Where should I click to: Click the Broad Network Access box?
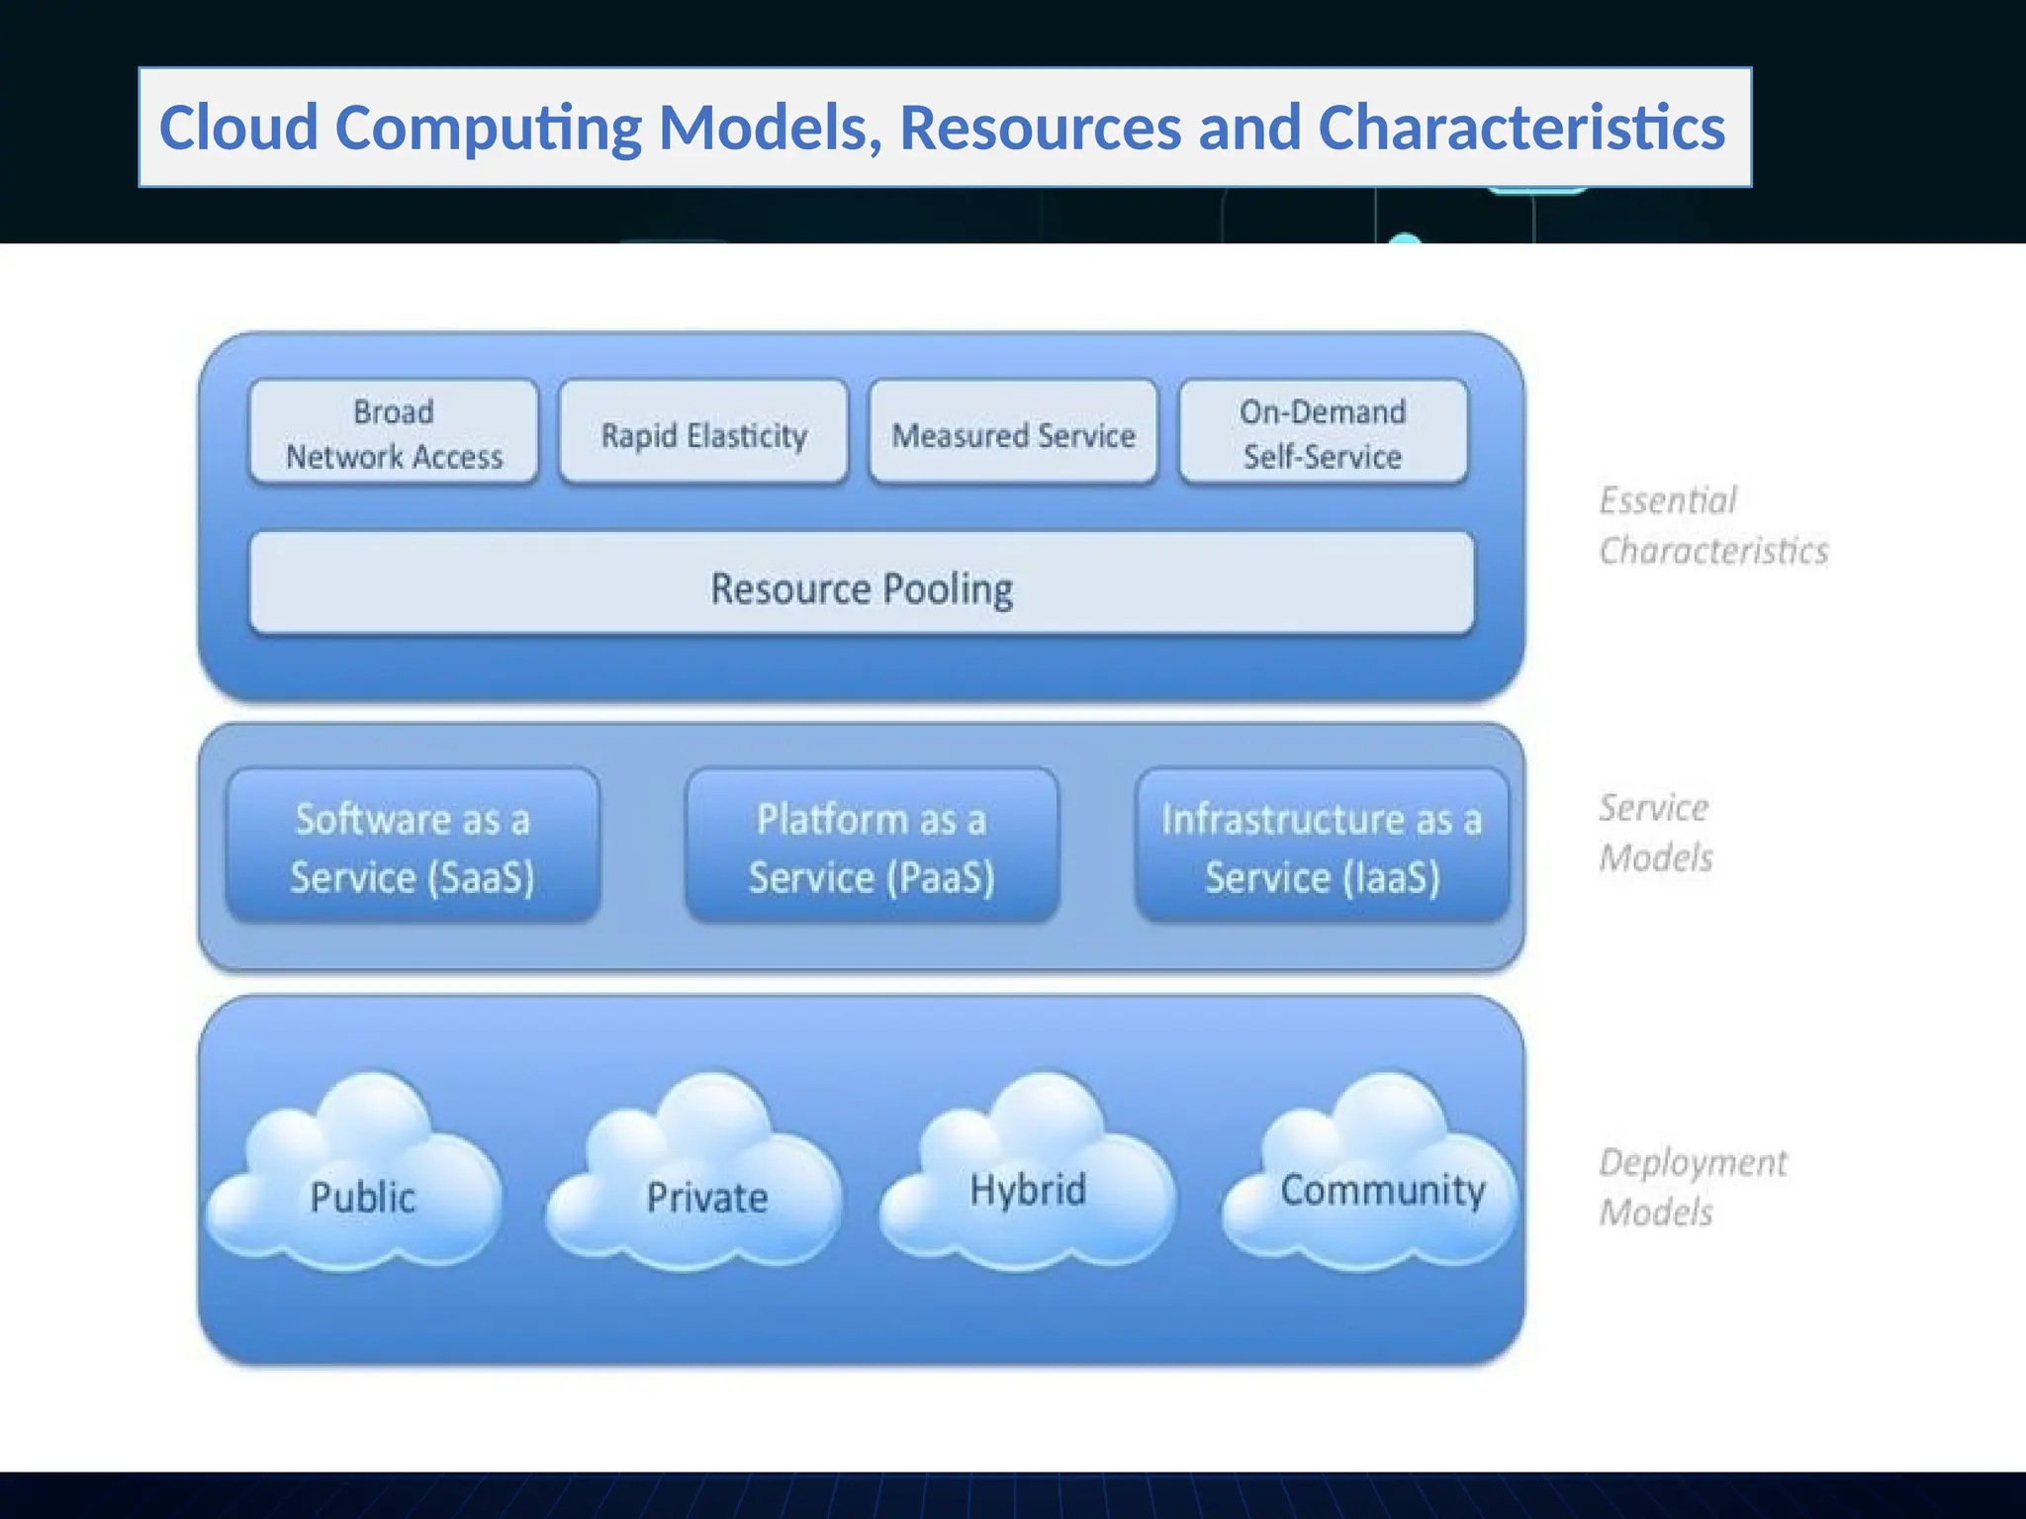pyautogui.click(x=394, y=433)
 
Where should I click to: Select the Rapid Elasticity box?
pyautogui.click(x=703, y=433)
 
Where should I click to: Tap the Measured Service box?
pyautogui.click(x=1013, y=433)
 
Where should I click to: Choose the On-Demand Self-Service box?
pyautogui.click(x=1323, y=433)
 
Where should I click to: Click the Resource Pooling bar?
pyautogui.click(x=861, y=585)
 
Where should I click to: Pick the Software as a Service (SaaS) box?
pyautogui.click(x=413, y=847)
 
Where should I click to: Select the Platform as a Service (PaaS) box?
pyautogui.click(x=872, y=847)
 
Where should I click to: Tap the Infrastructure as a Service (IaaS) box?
pyautogui.click(x=1322, y=847)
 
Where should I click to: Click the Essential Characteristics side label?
pyautogui.click(x=1711, y=525)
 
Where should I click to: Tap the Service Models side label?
pyautogui.click(x=1655, y=832)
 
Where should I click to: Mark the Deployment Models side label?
pyautogui.click(x=1692, y=1186)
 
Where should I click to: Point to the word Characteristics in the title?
pyautogui.click(x=1520, y=129)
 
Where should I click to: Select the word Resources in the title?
pyautogui.click(x=1040, y=129)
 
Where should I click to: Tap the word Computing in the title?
pyautogui.click(x=488, y=129)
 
